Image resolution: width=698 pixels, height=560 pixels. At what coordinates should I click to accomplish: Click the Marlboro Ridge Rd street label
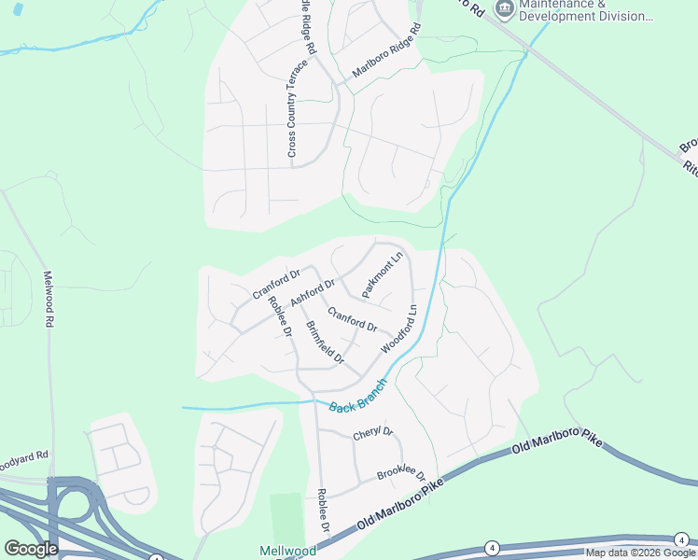387,57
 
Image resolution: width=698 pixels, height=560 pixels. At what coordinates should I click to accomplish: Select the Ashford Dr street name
313,292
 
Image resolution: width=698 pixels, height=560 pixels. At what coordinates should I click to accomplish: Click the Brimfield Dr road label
326,343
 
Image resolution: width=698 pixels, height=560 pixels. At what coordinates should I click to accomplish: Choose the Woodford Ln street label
397,329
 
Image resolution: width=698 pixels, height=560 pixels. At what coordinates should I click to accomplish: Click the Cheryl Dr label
373,434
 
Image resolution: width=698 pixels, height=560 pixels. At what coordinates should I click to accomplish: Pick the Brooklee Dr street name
401,475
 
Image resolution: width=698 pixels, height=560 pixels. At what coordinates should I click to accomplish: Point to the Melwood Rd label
48,299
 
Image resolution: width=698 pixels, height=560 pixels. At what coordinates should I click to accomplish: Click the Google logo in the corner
31,549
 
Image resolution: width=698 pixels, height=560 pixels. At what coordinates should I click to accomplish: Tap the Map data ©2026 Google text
639,553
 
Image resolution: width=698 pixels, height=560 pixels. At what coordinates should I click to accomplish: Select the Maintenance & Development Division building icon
505,8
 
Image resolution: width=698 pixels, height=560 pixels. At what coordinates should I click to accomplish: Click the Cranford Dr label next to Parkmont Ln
352,321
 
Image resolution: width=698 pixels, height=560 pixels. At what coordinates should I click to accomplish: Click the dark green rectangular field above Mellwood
286,518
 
